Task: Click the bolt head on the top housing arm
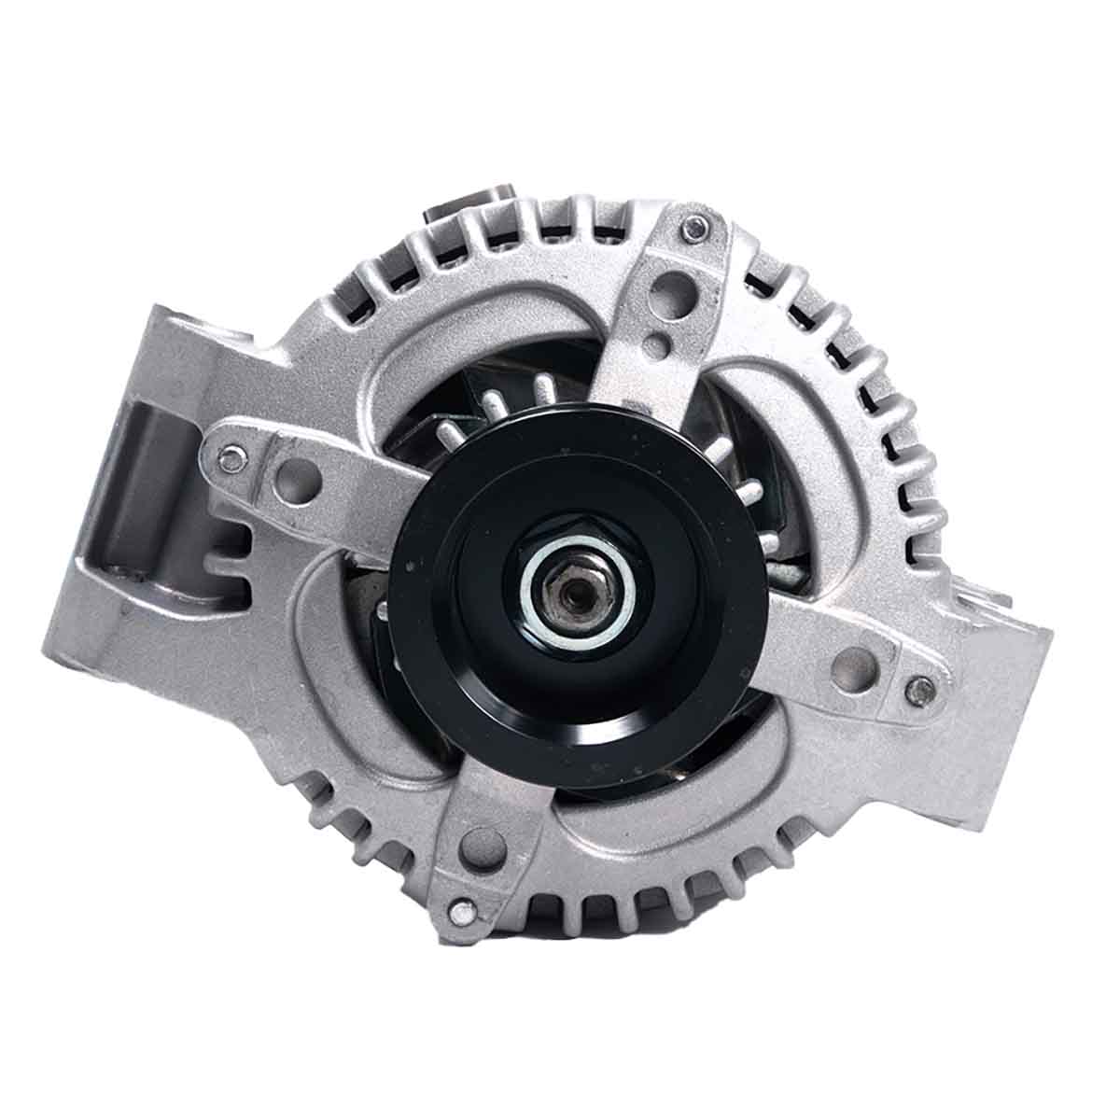point(693,225)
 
